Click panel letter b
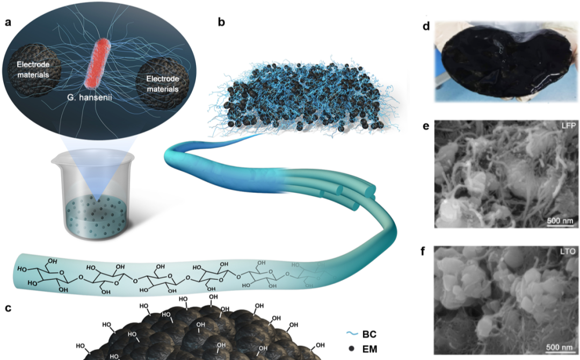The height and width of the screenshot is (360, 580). tap(222, 23)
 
